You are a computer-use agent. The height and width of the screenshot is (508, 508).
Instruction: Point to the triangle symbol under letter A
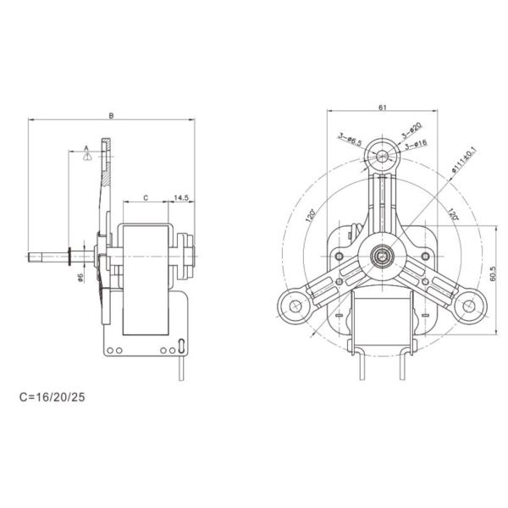[86, 157]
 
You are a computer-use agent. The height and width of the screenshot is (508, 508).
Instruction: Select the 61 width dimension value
[384, 108]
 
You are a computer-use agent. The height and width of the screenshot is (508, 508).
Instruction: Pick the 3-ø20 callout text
[411, 133]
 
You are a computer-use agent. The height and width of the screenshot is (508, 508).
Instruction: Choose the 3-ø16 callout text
[416, 145]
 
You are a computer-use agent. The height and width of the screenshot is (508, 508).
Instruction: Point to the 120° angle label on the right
[453, 214]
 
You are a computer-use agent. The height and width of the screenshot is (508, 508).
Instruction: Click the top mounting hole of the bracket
[384, 156]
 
